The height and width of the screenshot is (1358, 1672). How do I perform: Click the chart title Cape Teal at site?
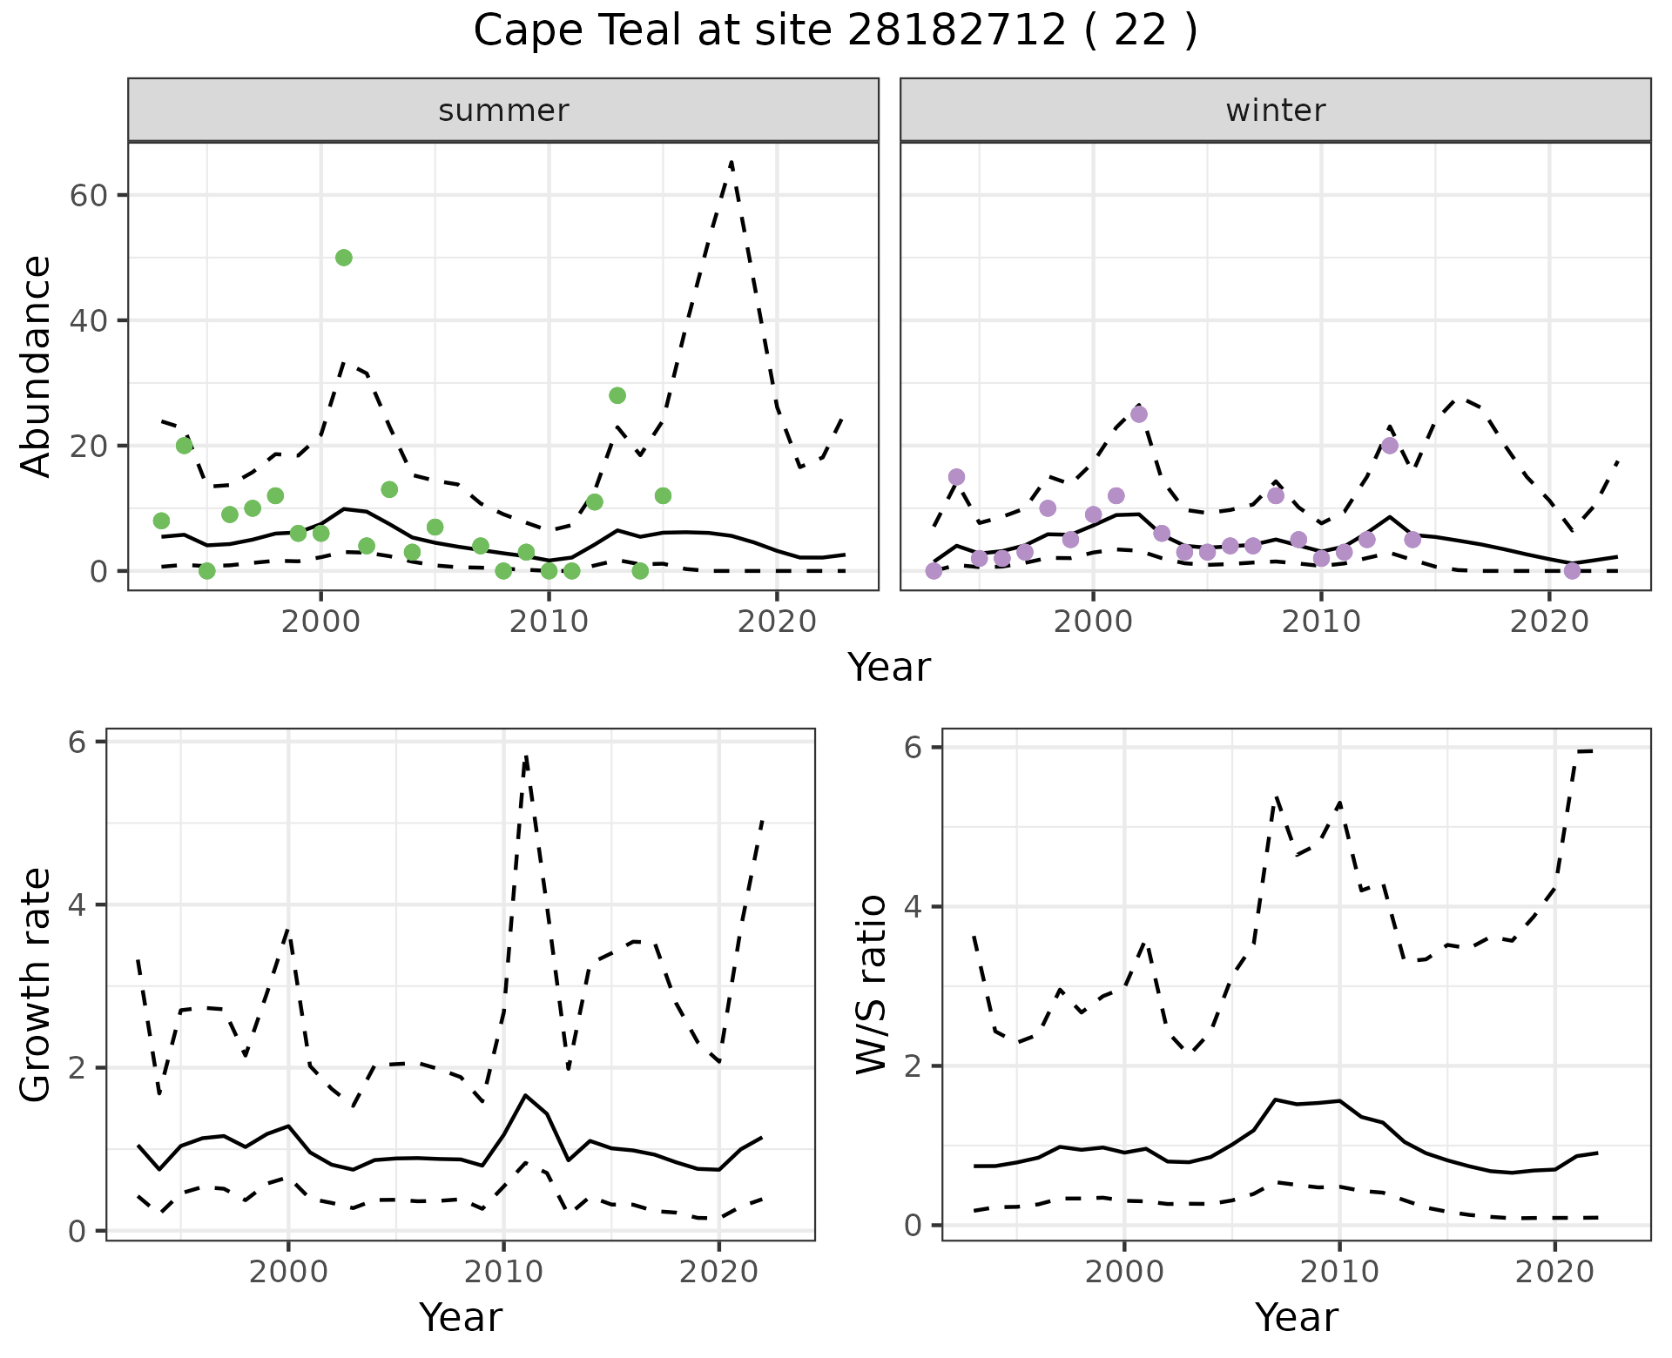835,31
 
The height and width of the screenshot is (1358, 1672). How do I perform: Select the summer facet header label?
503,111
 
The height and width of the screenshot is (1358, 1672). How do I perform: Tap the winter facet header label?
1275,111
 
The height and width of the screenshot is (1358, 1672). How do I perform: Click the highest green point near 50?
344,258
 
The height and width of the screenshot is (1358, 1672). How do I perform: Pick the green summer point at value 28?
617,395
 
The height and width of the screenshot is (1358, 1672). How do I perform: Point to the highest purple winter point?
1139,414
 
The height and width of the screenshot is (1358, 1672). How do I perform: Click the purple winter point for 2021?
1572,571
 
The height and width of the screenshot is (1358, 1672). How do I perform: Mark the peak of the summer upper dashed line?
731,163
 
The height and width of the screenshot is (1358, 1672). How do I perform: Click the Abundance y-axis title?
37,366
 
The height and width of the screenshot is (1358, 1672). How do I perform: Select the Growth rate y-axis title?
37,985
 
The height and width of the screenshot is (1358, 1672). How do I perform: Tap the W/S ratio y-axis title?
872,985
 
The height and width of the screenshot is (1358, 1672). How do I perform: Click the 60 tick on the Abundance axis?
87,195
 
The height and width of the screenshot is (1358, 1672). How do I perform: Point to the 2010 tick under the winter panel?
1321,622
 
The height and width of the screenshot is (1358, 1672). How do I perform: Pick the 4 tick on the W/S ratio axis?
913,906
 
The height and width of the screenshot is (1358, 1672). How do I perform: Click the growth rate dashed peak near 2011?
526,757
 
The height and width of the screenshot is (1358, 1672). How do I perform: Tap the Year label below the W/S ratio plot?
1296,1318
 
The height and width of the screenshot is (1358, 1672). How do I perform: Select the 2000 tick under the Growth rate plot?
288,1272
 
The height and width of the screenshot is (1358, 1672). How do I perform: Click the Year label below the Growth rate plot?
461,1318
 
